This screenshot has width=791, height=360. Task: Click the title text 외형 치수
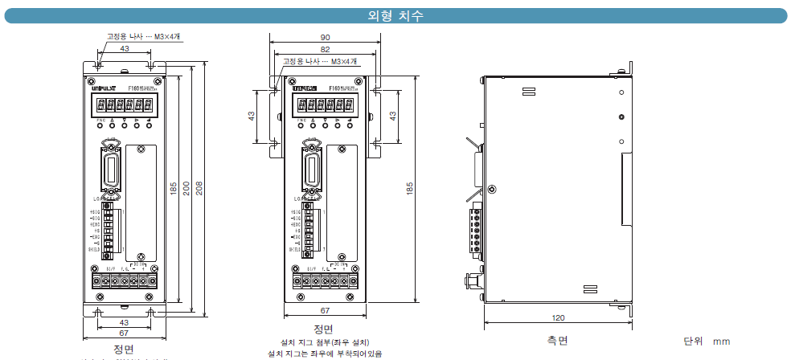tap(395, 15)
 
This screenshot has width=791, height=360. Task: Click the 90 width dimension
tap(324, 38)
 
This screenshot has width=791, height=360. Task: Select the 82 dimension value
tap(324, 50)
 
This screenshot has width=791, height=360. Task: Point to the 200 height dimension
tap(186, 186)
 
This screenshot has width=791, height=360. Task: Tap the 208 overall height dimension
tap(199, 186)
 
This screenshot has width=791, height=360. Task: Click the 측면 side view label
tap(557, 341)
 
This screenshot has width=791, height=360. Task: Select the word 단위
tap(692, 341)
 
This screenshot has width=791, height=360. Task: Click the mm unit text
tap(721, 342)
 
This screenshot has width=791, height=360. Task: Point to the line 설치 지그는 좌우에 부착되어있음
tap(324, 354)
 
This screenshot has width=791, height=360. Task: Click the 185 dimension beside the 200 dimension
tap(173, 186)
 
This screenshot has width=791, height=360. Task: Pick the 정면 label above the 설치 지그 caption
tap(323, 329)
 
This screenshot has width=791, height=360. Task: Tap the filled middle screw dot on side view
tap(621, 117)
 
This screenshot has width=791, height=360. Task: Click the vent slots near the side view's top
tap(533, 90)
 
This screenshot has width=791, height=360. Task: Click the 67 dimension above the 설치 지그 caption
tap(324, 309)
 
